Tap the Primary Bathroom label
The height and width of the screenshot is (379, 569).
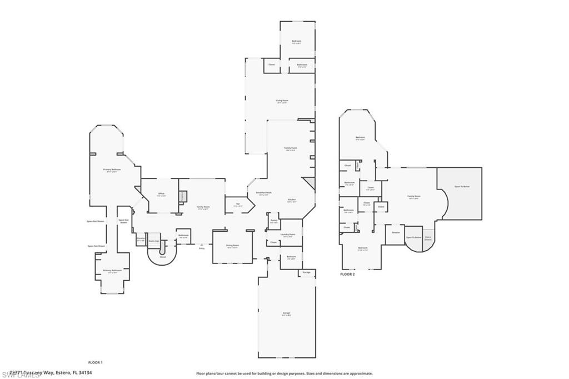[x=112, y=271]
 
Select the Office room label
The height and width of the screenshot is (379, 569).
[x=161, y=193]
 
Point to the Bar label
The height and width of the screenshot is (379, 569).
[x=238, y=204]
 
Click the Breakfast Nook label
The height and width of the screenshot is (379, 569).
[x=262, y=193]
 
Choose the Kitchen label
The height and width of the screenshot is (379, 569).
[x=292, y=200]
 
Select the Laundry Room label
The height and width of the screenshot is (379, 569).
[x=287, y=235]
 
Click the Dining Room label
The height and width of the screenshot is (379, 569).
[x=232, y=245]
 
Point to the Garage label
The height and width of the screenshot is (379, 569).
[x=287, y=313]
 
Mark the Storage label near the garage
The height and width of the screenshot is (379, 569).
[x=307, y=272]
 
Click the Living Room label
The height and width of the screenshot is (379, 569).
[x=282, y=101]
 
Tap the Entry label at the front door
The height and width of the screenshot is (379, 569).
[x=202, y=248]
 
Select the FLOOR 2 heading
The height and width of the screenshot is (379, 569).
[x=347, y=275]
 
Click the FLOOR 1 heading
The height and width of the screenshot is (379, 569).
[x=96, y=362]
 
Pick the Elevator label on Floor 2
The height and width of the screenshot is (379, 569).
[x=396, y=232]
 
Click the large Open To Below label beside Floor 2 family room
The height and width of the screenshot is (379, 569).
[x=462, y=186]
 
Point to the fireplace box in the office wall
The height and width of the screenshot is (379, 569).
[x=182, y=196]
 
